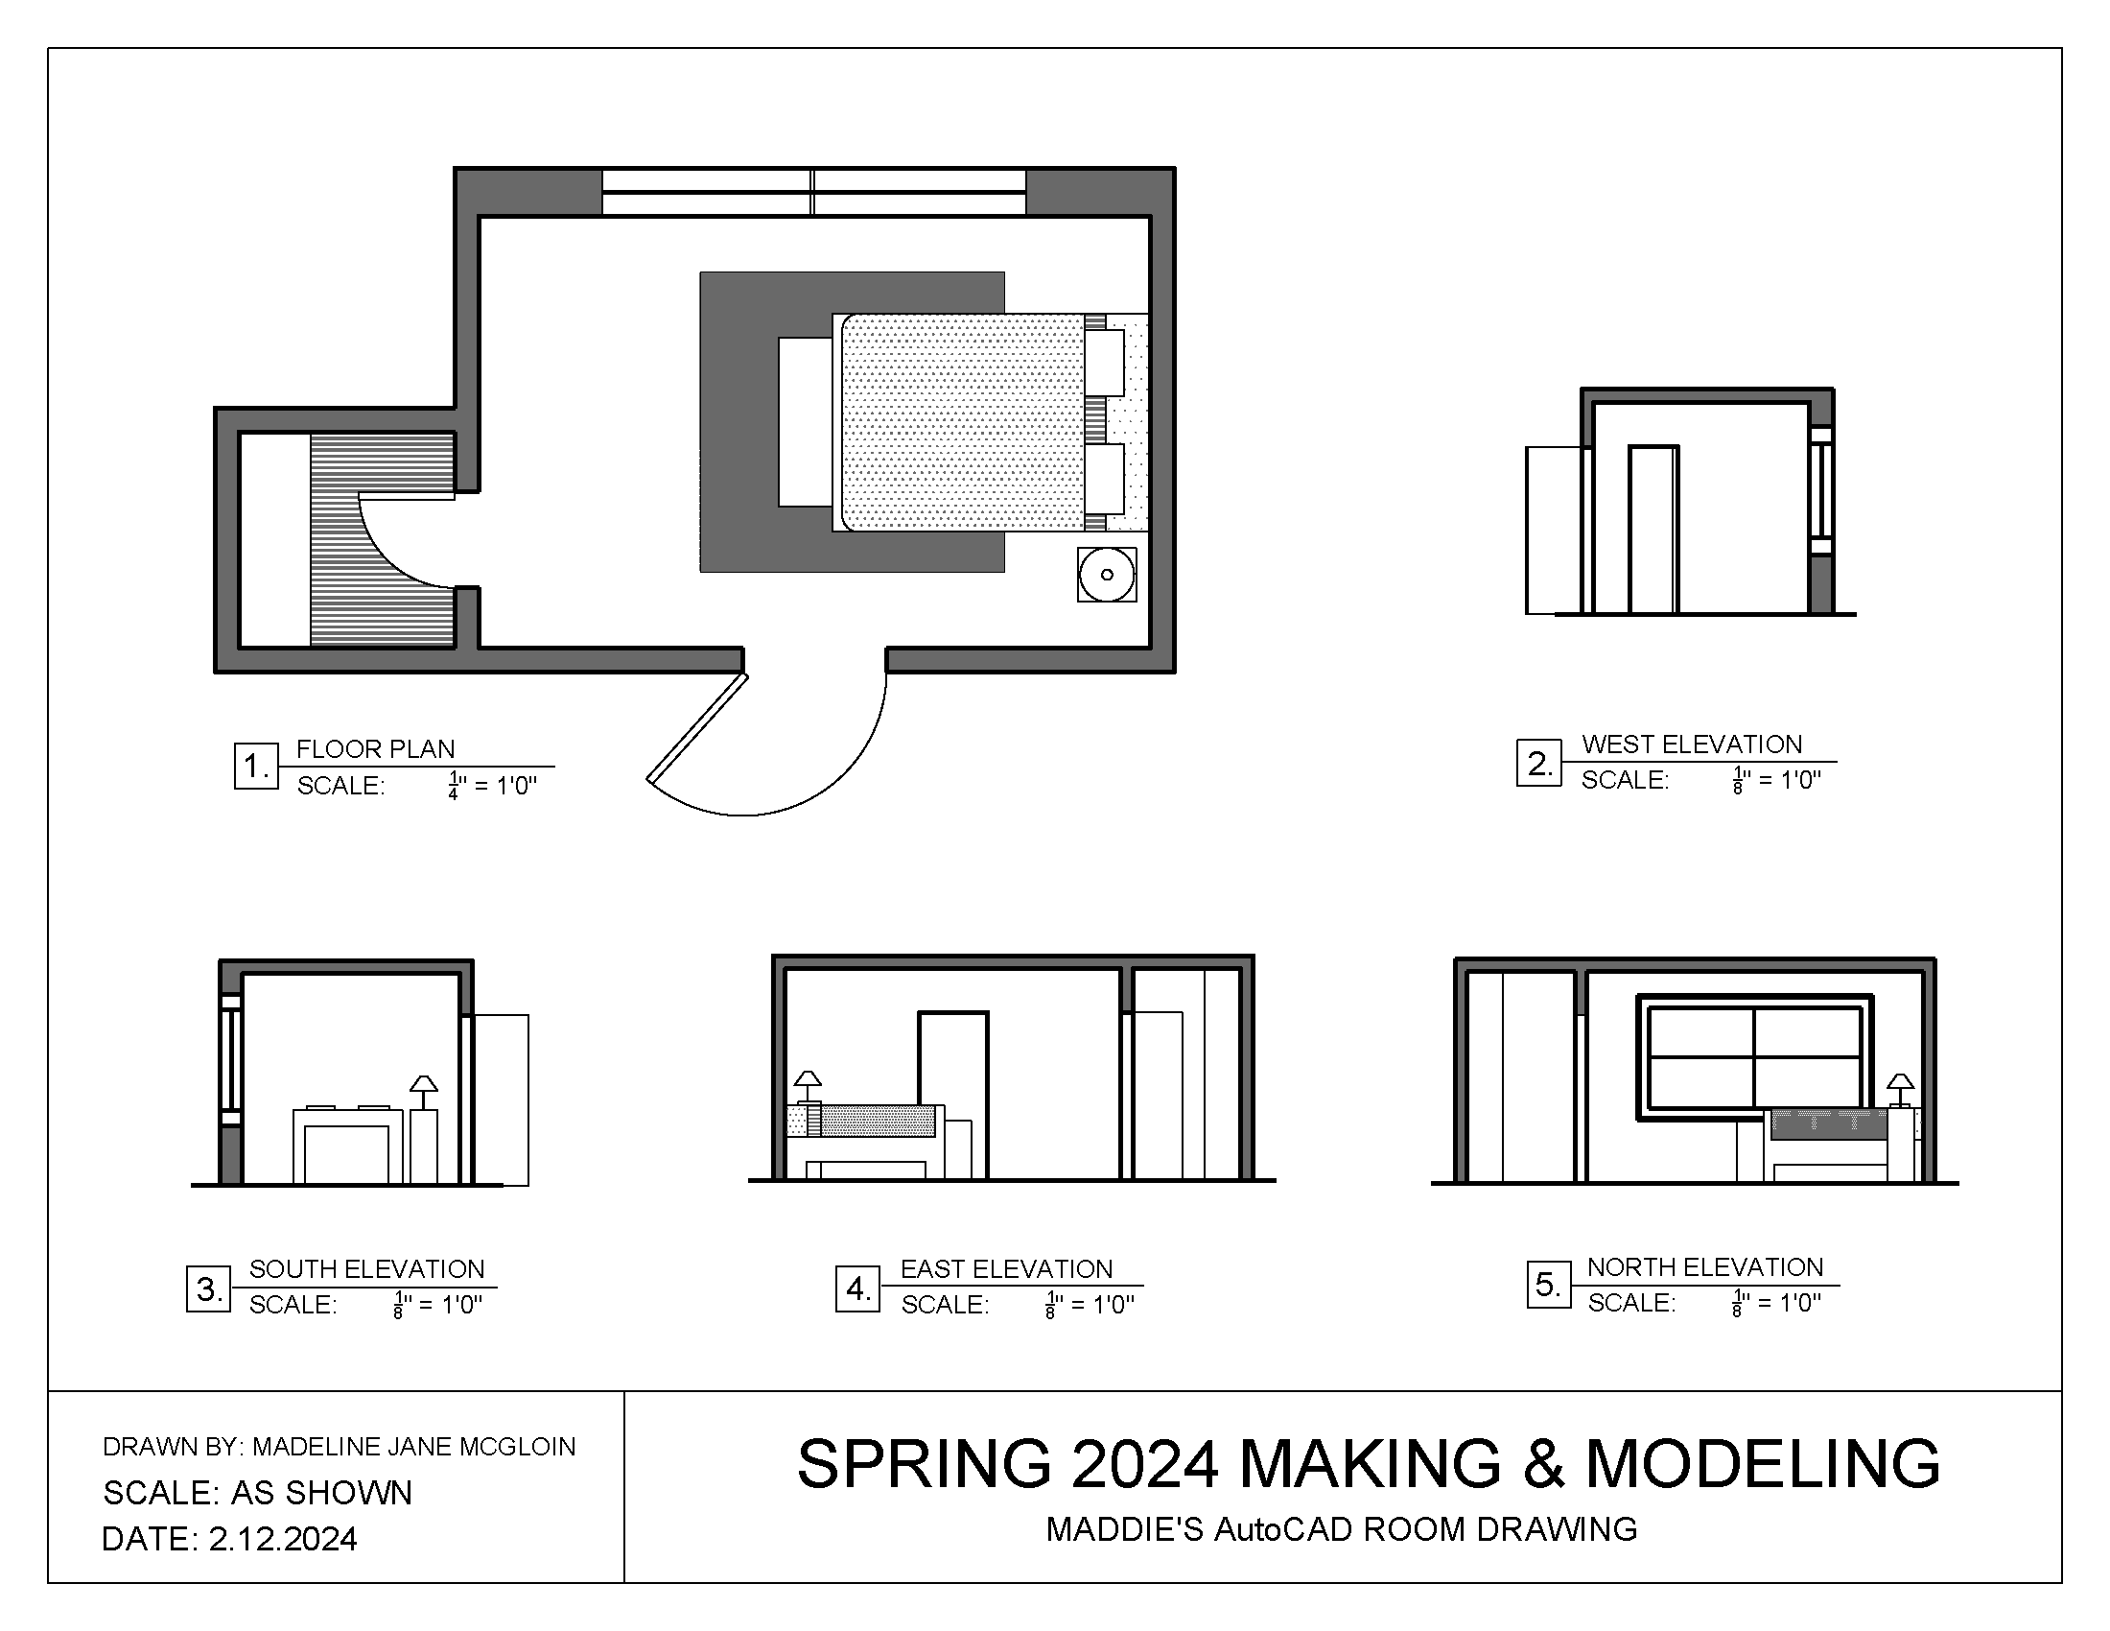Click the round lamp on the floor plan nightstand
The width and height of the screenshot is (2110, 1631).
[x=1106, y=574]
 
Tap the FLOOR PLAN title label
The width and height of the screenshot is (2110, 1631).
[x=375, y=749]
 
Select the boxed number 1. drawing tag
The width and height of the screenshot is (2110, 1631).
[x=256, y=767]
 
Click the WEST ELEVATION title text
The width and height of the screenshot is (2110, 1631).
[x=1692, y=744]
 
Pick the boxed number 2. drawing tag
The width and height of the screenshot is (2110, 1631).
[x=1539, y=764]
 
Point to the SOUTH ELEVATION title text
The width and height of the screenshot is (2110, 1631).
[x=366, y=1268]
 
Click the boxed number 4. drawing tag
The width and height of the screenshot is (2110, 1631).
[x=858, y=1288]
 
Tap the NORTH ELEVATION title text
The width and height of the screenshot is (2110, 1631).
[x=1705, y=1266]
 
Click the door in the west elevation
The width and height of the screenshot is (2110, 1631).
[x=1653, y=529]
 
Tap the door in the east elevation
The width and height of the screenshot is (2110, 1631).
[x=952, y=1094]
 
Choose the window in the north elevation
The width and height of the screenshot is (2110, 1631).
[x=1754, y=1058]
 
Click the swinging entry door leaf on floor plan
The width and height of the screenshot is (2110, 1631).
[x=697, y=727]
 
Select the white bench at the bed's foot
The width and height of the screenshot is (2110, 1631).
[x=805, y=421]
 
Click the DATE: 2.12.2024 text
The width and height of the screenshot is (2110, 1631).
[x=229, y=1539]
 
